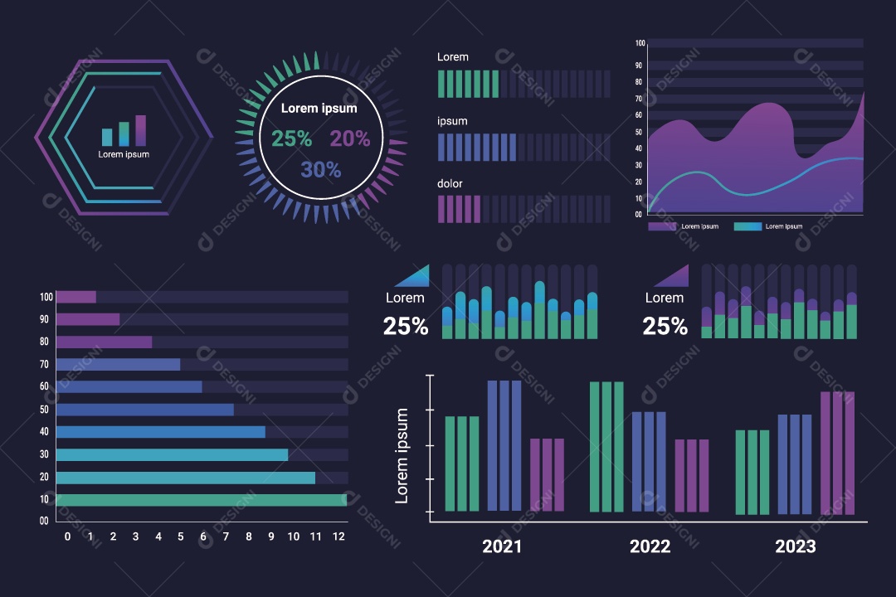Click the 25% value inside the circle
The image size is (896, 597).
coord(292,139)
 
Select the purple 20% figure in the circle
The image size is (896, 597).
coord(350,139)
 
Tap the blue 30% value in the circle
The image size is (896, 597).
coord(321,170)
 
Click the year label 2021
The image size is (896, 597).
coord(502,546)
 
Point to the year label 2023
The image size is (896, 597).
coord(795,546)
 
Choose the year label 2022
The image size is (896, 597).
coord(650,546)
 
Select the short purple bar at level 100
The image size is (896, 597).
coord(75,297)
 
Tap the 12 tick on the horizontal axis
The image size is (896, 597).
coord(338,536)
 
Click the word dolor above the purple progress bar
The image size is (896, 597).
coord(450,183)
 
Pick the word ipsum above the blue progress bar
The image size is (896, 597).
coord(452,121)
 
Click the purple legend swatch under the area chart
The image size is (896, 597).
coord(662,226)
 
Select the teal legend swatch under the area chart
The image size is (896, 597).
coord(747,226)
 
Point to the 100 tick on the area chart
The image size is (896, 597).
coord(640,43)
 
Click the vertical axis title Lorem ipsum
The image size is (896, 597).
coord(402,455)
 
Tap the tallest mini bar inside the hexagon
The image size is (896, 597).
coord(140,131)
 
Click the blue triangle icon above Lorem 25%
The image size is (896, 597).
coord(415,276)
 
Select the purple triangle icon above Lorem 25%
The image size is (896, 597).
coord(674,276)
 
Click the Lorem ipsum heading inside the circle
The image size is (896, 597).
coord(319,109)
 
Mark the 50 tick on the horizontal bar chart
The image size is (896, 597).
coord(44,410)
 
